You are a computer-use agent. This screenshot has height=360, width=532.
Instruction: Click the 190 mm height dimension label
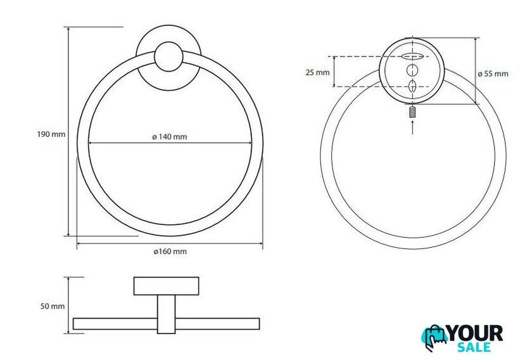(x=51, y=134)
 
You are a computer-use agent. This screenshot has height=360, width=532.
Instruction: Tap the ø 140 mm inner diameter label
(x=169, y=136)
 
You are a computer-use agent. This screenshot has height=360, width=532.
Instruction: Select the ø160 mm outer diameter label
(x=170, y=252)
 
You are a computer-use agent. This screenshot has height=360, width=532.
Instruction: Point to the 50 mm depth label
(x=53, y=306)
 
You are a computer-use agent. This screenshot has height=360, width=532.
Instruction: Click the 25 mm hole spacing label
(x=317, y=72)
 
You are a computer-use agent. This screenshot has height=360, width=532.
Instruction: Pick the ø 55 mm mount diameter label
(x=493, y=74)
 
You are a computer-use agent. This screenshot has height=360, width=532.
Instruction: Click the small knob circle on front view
(x=168, y=56)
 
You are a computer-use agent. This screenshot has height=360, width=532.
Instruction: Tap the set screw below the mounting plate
(x=412, y=112)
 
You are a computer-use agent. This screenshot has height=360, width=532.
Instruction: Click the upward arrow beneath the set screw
(x=412, y=127)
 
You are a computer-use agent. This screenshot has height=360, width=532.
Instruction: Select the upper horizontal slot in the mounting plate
(x=412, y=56)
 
